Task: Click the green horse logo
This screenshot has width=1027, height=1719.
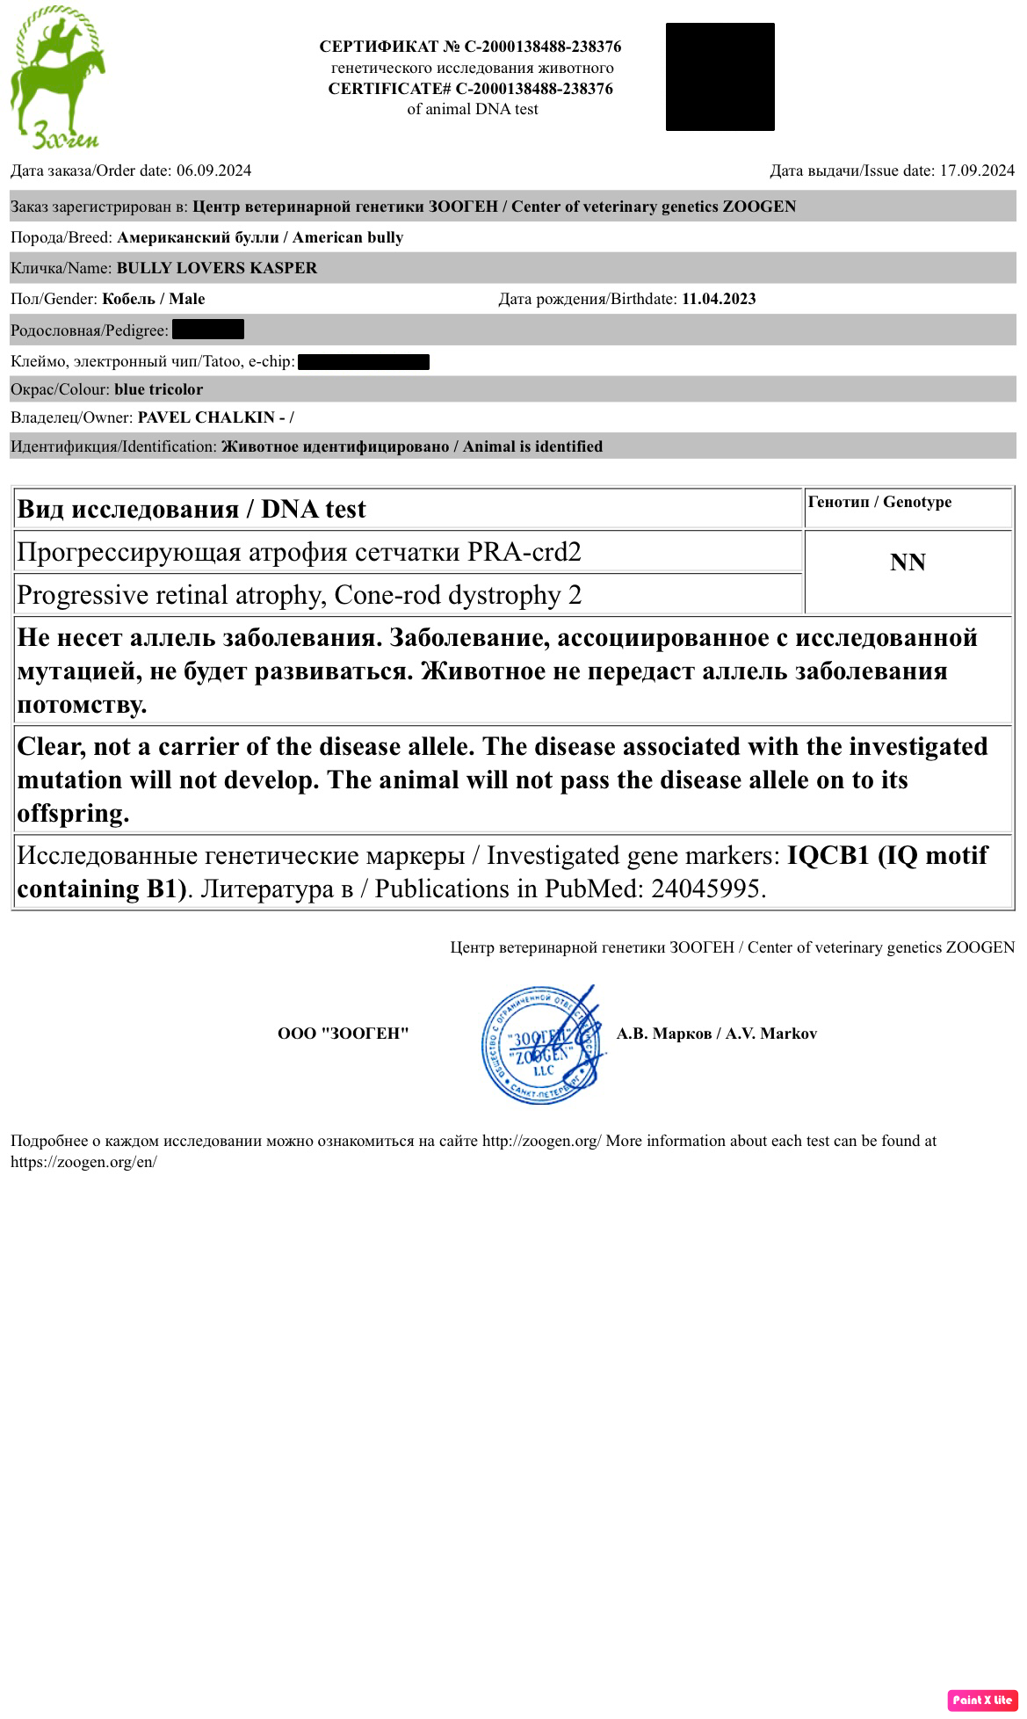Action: pyautogui.click(x=57, y=77)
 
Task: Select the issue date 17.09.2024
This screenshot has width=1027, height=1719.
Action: pyautogui.click(x=977, y=170)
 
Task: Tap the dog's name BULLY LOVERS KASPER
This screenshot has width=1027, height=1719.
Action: pyautogui.click(x=217, y=268)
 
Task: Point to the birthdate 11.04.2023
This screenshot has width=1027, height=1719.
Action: pyautogui.click(x=719, y=299)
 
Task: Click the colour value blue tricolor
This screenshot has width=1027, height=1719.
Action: pyautogui.click(x=158, y=389)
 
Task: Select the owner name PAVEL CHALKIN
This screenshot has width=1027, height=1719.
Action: pyautogui.click(x=206, y=417)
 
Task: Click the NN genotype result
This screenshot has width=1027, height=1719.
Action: pyautogui.click(x=908, y=562)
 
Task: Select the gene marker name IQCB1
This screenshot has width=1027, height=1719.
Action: pyautogui.click(x=828, y=855)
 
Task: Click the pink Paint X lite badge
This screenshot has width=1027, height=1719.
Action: pyautogui.click(x=982, y=1700)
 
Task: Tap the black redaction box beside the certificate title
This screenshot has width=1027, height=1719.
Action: pyautogui.click(x=720, y=77)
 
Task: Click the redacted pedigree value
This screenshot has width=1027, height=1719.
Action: pyautogui.click(x=208, y=330)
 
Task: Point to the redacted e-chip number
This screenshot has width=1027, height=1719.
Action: pyautogui.click(x=364, y=361)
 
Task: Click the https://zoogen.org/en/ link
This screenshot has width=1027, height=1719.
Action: pyautogui.click(x=83, y=1162)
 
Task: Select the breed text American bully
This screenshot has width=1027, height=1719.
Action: pyautogui.click(x=348, y=237)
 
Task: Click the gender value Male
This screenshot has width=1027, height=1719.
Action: pyautogui.click(x=186, y=299)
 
